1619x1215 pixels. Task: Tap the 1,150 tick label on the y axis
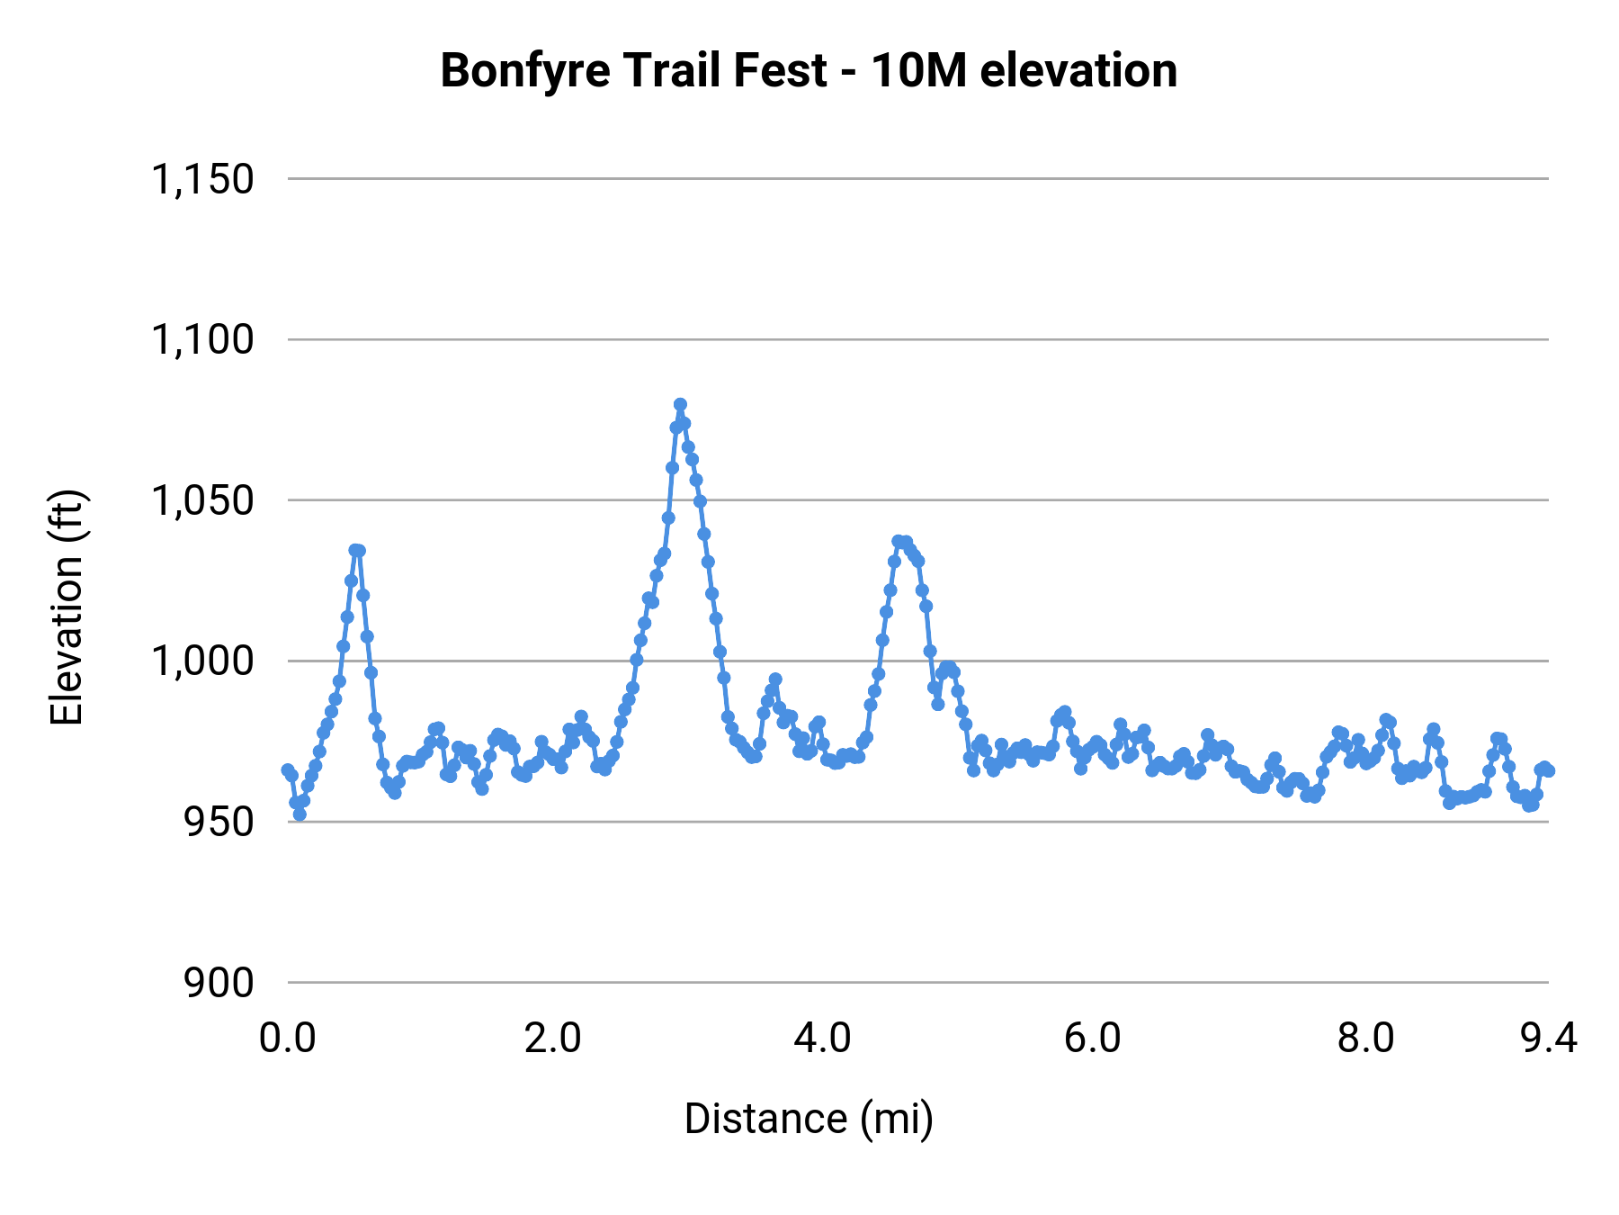click(202, 179)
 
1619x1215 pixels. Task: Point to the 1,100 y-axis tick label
click(202, 340)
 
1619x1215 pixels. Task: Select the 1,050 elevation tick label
click(202, 500)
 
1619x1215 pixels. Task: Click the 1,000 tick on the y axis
click(202, 661)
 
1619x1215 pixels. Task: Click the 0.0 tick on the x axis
click(288, 1039)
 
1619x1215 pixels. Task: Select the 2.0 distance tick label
click(553, 1039)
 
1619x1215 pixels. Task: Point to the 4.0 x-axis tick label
click(822, 1039)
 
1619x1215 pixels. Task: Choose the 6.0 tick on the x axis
click(1092, 1039)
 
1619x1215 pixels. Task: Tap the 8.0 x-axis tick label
click(1365, 1039)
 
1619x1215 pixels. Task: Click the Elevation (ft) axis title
click(67, 607)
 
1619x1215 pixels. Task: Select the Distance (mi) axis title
click(809, 1119)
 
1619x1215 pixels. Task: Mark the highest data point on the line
click(680, 404)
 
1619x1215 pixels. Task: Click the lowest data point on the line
click(300, 814)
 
